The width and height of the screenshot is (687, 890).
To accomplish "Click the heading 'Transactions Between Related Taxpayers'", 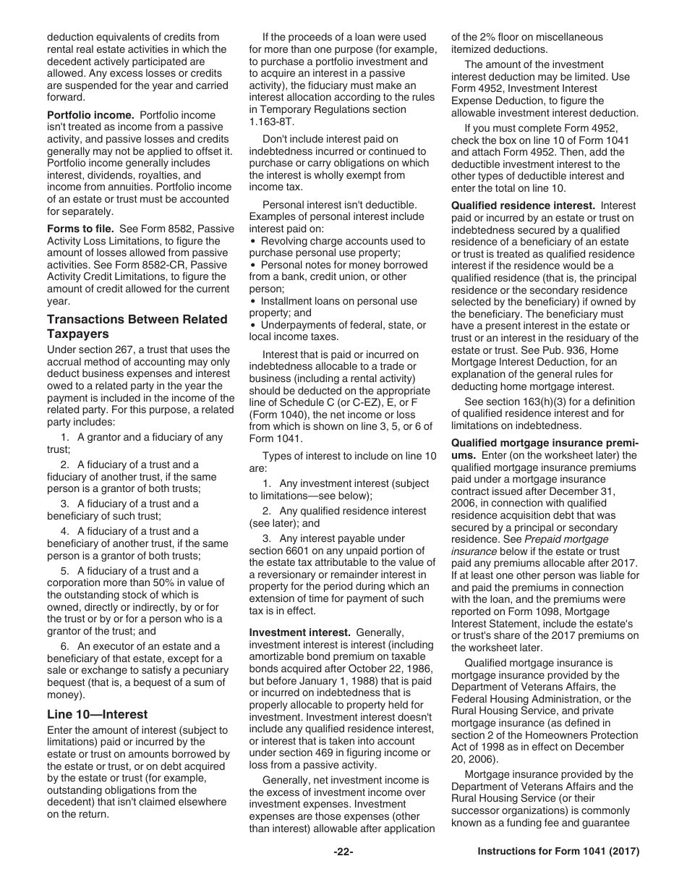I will [137, 326].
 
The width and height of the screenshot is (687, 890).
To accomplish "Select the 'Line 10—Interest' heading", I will [97, 714].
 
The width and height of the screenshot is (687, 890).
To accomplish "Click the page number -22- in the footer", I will [343, 852].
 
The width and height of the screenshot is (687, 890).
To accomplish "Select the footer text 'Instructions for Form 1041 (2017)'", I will [558, 852].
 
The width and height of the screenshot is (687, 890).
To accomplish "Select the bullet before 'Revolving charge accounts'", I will [252, 241].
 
